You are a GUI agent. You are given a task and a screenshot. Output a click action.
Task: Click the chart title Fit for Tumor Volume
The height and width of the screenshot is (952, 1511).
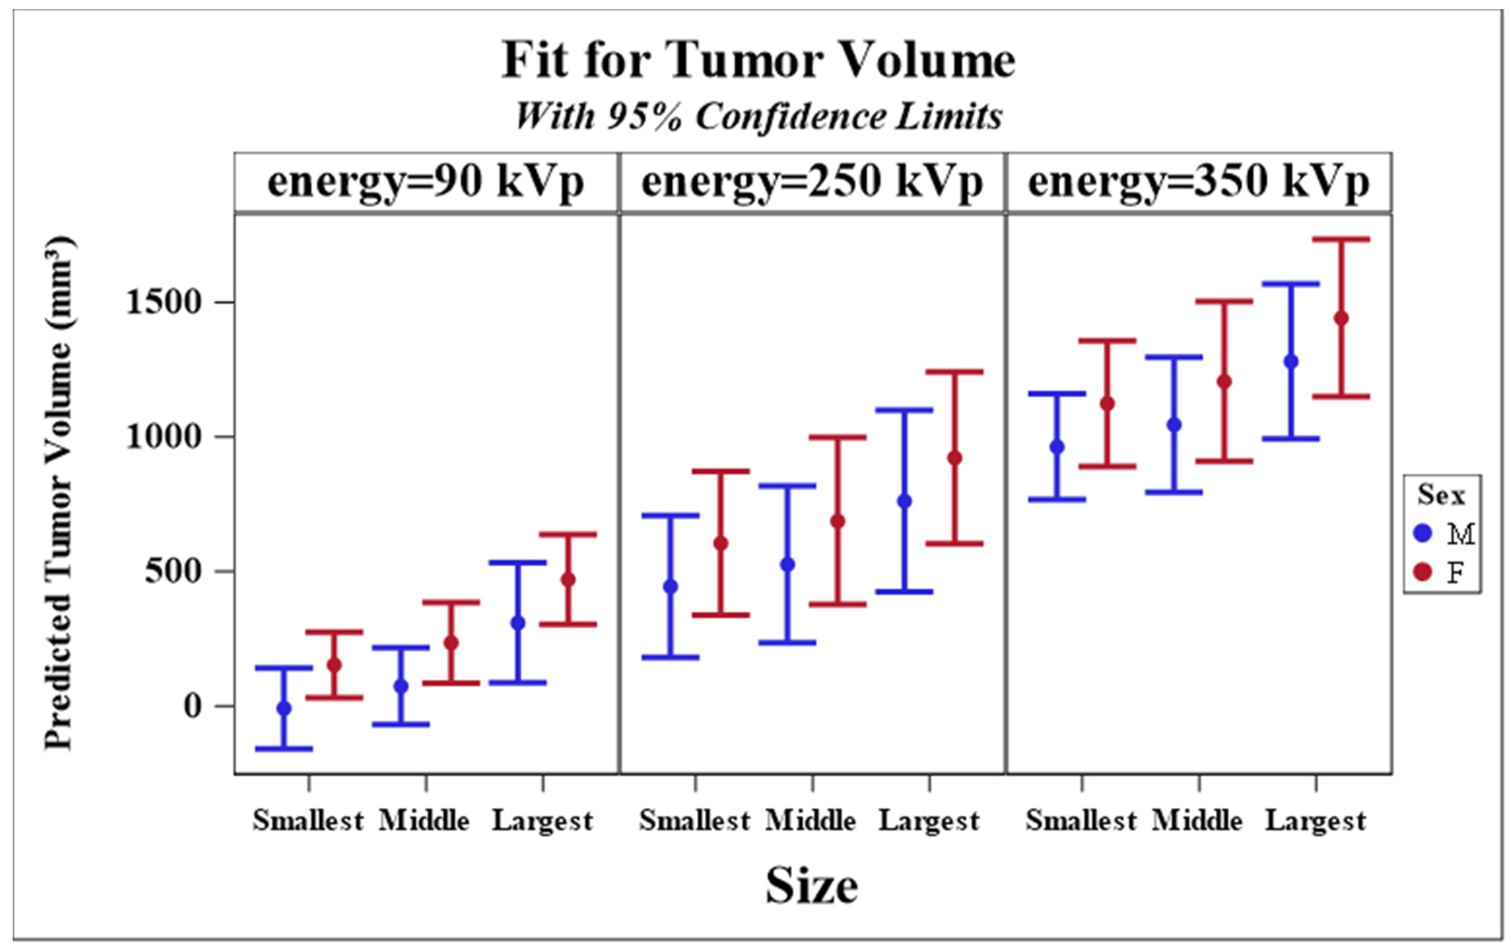(x=758, y=61)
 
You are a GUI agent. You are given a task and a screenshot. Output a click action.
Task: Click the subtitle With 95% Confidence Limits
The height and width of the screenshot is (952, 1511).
(x=758, y=117)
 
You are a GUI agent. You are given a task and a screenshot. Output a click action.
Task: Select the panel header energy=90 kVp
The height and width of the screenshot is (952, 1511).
(x=426, y=182)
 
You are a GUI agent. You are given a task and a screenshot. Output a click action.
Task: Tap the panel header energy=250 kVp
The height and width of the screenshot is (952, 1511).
(x=811, y=182)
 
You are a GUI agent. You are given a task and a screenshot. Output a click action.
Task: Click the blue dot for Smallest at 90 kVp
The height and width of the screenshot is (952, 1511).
(x=284, y=708)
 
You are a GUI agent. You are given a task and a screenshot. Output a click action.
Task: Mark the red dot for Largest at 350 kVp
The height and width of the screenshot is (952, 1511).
(x=1341, y=319)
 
